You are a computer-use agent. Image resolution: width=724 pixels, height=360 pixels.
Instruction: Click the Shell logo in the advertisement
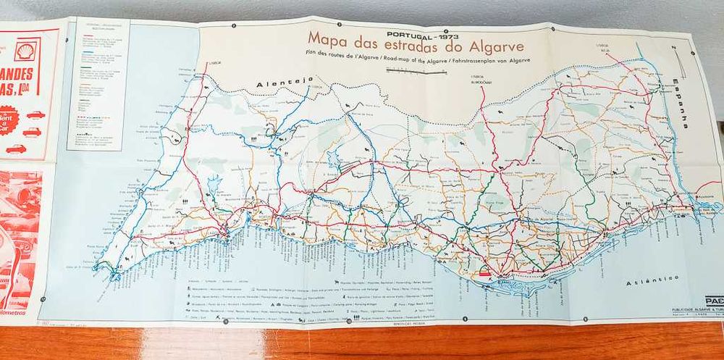27,50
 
